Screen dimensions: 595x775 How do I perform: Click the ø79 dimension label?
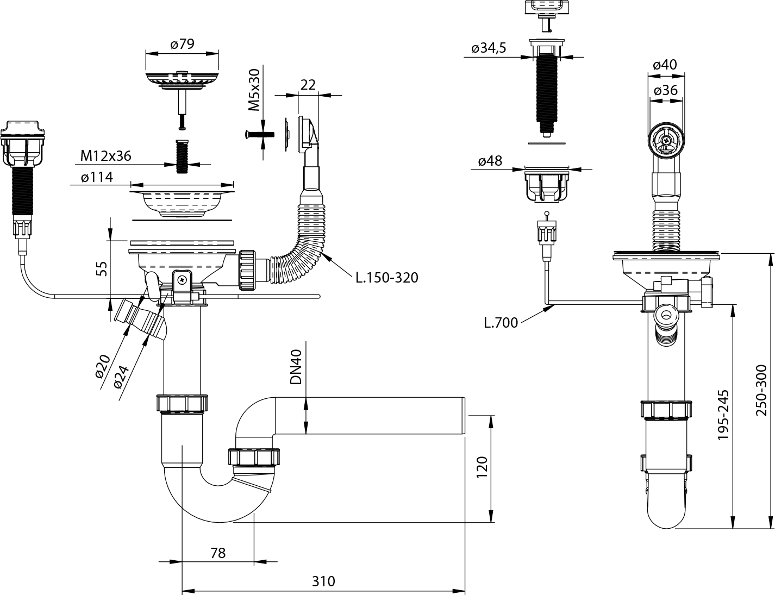click(x=182, y=44)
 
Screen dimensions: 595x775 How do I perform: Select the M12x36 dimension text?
click(x=106, y=156)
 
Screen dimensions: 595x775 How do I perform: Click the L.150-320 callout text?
click(x=387, y=278)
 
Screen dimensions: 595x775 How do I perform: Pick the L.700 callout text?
click(x=501, y=322)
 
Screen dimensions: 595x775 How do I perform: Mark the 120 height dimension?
click(x=482, y=467)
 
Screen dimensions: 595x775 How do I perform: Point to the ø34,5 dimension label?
click(x=489, y=48)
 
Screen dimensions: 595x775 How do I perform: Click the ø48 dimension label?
click(x=490, y=161)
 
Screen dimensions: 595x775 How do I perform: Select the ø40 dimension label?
click(x=665, y=65)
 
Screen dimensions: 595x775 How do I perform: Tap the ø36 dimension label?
click(x=666, y=90)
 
